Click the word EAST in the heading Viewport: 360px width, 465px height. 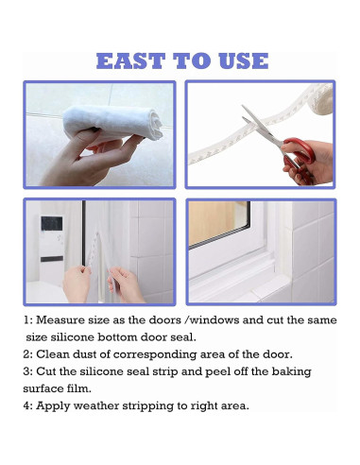coord(130,60)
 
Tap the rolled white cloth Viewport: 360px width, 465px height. coord(112,122)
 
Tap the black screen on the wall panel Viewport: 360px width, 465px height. coord(52,223)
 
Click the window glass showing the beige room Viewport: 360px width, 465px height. coord(218,223)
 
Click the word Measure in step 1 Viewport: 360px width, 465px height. coord(60,320)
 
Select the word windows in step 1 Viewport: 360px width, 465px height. coord(214,320)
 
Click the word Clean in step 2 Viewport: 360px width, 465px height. coord(53,354)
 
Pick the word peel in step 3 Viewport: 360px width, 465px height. coord(215,372)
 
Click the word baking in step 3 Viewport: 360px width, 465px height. coord(292,372)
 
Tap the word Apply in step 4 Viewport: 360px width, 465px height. coord(53,406)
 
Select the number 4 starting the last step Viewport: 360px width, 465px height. coord(27,405)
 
